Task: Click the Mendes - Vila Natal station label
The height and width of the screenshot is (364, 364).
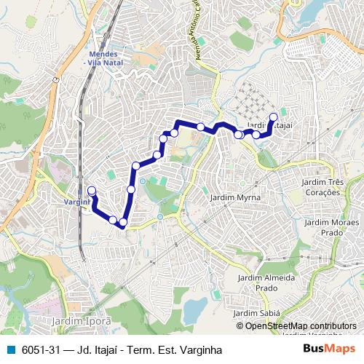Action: pyautogui.click(x=104, y=59)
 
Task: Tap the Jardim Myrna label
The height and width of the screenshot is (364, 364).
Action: pyautogui.click(x=230, y=197)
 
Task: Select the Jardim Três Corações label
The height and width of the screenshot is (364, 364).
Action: pyautogui.click(x=323, y=187)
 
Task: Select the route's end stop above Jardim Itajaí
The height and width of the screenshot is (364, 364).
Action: pyautogui.click(x=274, y=116)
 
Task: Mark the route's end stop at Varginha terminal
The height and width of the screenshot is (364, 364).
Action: pyautogui.click(x=92, y=191)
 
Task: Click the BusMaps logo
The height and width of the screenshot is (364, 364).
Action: pyautogui.click(x=329, y=349)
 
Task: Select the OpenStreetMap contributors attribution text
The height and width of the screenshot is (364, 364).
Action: pyautogui.click(x=301, y=326)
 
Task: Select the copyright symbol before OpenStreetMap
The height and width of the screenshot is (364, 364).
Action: pyautogui.click(x=240, y=326)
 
